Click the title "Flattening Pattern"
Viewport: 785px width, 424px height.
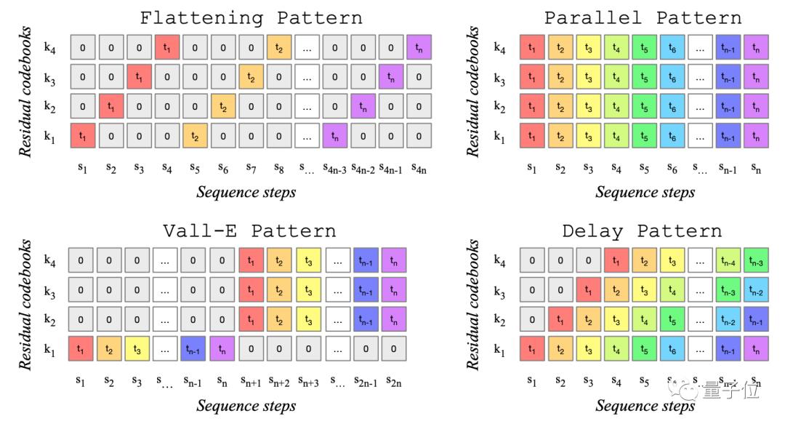250,17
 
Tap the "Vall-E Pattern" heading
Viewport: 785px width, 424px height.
250,231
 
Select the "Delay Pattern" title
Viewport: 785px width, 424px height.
643,231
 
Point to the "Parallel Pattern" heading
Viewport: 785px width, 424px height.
643,17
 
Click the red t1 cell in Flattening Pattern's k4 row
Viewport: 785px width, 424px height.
166,49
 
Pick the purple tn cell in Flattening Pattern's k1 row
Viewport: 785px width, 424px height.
335,136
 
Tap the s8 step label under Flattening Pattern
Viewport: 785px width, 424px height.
279,168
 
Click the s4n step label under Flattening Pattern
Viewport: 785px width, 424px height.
419,168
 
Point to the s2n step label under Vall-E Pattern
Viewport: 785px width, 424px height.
393,381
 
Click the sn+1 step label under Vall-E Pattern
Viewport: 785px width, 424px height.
252,381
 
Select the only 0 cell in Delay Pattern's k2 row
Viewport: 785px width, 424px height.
533,319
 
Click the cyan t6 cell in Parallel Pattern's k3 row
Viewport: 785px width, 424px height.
673,78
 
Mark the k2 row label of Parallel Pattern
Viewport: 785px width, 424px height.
499,107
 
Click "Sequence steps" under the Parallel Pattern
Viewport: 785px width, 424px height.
645,192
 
